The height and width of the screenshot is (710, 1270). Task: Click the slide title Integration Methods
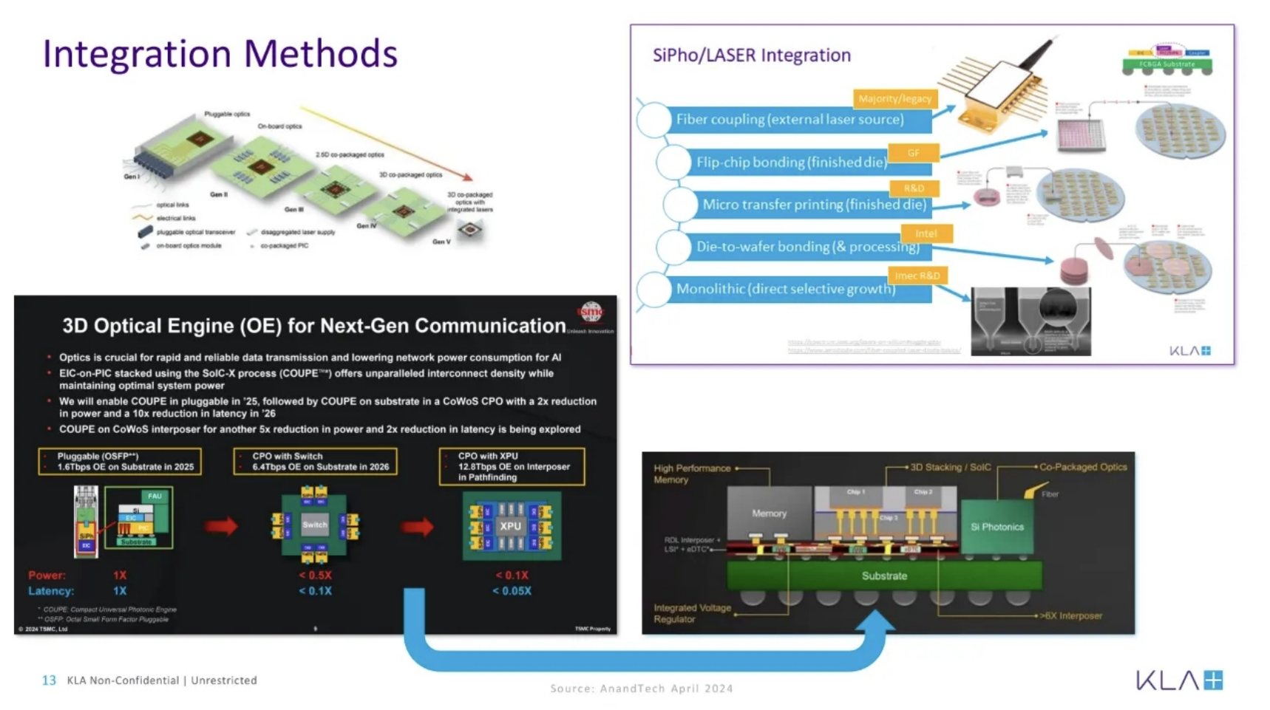point(220,54)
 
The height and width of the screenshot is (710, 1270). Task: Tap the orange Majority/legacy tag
point(894,98)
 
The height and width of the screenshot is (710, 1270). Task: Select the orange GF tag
point(914,153)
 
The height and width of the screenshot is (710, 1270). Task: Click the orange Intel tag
point(926,233)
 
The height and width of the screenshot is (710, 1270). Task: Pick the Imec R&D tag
point(917,276)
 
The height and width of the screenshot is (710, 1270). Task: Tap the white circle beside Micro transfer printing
point(679,205)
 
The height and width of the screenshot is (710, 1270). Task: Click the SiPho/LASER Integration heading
point(751,55)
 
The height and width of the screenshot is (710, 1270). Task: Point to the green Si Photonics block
point(996,527)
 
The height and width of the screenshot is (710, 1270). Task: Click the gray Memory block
point(769,513)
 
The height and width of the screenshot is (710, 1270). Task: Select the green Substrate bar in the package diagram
point(884,576)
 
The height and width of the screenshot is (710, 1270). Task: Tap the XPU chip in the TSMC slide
point(511,526)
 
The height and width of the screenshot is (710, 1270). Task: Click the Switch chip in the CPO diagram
point(314,525)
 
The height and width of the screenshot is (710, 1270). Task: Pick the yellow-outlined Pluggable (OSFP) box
point(120,461)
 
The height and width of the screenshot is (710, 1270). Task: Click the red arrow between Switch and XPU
point(418,527)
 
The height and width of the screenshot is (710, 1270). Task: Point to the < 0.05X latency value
point(512,591)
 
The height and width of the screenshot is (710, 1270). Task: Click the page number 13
point(49,680)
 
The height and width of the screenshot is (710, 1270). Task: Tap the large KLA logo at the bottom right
point(1179,680)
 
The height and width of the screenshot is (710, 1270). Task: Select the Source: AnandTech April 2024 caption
point(641,689)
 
